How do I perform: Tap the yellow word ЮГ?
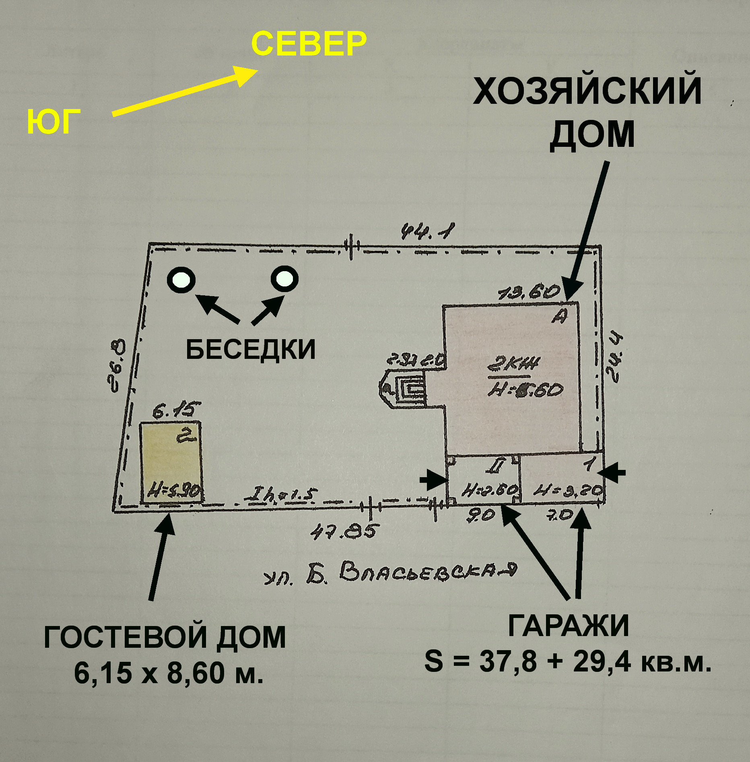(53, 122)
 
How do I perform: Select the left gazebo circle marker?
(181, 279)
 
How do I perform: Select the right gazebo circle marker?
(284, 278)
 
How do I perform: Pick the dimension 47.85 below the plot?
(344, 531)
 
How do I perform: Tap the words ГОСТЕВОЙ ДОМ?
(165, 637)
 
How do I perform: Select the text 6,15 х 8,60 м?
(169, 672)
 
